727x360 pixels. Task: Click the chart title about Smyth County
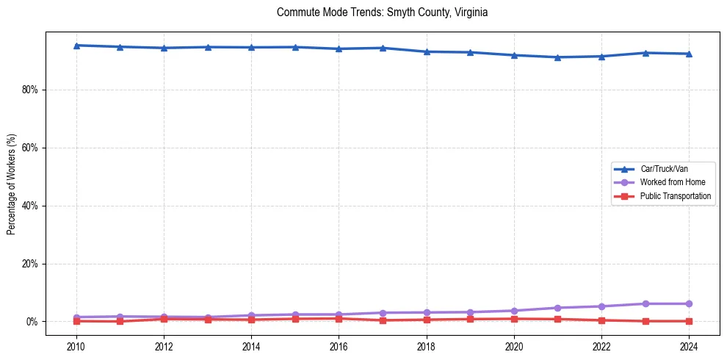pyautogui.click(x=382, y=12)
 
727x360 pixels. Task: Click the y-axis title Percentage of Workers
pyautogui.click(x=12, y=184)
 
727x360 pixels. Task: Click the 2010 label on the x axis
pyautogui.click(x=76, y=346)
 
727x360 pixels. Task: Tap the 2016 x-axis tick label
pyautogui.click(x=339, y=346)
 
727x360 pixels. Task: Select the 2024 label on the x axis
pyautogui.click(x=689, y=346)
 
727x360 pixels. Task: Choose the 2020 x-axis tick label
pyautogui.click(x=514, y=346)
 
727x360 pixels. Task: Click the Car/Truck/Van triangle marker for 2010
pyautogui.click(x=76, y=46)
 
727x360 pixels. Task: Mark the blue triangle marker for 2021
pyautogui.click(x=558, y=57)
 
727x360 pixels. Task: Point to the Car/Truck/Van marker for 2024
pyautogui.click(x=689, y=54)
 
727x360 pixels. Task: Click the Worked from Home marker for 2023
pyautogui.click(x=645, y=303)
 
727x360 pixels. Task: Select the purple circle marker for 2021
pyautogui.click(x=558, y=308)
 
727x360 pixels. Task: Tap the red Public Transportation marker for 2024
pyautogui.click(x=689, y=321)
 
